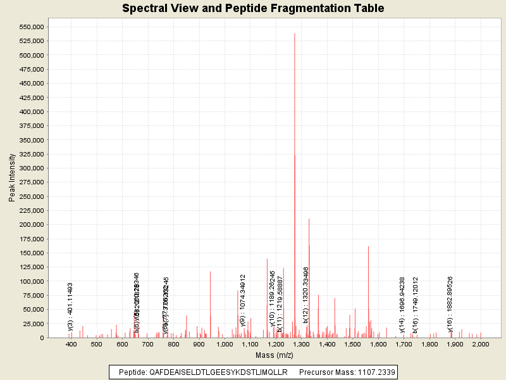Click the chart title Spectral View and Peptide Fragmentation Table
pos(252,9)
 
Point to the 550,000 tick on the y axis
pos(30,27)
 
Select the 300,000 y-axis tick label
pos(30,168)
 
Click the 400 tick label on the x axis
pos(71,344)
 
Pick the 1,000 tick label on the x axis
pos(225,344)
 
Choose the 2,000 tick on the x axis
pos(481,344)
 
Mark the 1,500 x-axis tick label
pos(352,344)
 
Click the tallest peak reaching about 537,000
pos(295,35)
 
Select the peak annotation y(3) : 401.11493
pos(71,307)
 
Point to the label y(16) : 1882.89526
pos(450,304)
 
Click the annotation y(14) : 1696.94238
pos(402,304)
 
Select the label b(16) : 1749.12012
pos(416,304)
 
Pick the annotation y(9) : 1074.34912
pos(243,300)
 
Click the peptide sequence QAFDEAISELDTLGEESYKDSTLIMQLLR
pos(218,372)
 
